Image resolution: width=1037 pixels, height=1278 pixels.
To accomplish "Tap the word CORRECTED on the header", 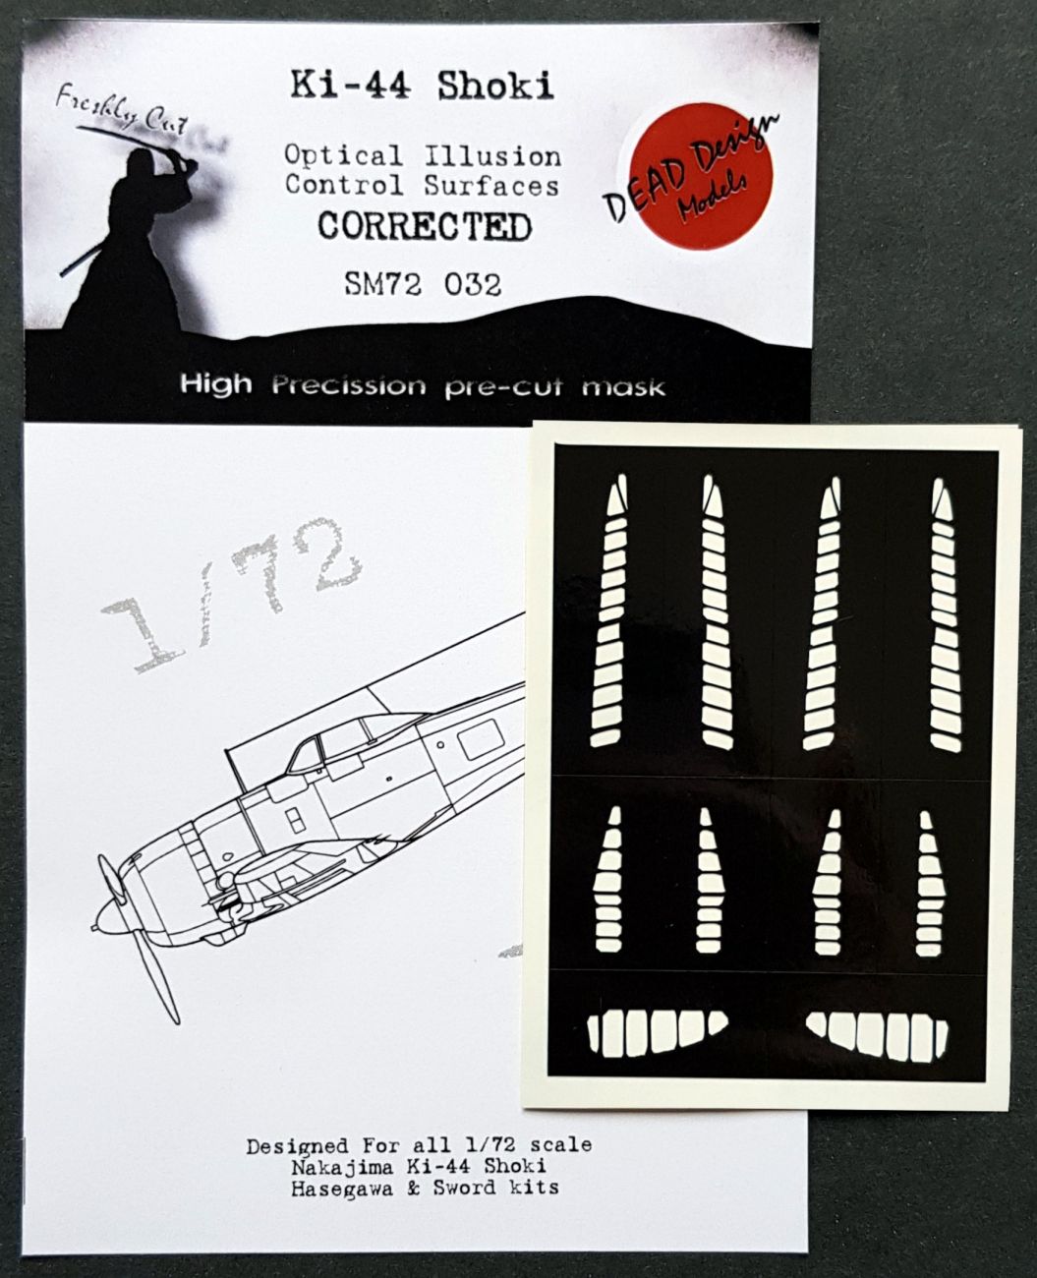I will point(424,227).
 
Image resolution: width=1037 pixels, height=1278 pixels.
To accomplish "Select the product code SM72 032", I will point(424,284).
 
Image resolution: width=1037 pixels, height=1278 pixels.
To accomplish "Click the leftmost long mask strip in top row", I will point(609,610).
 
